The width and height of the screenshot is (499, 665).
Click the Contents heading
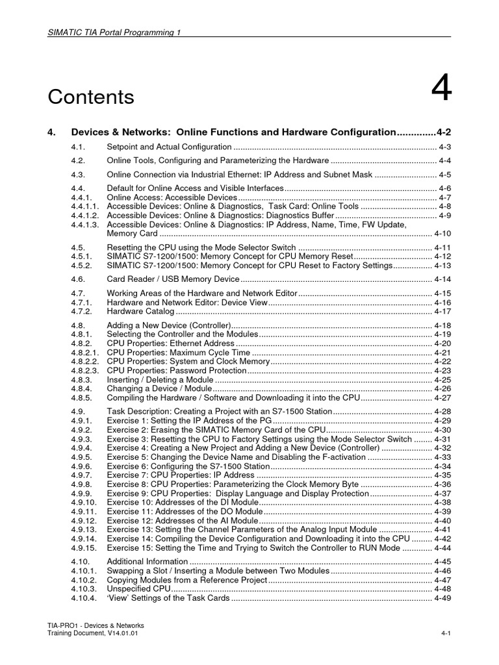pyautogui.click(x=91, y=97)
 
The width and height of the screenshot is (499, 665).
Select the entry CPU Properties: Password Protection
pyautogui.click(x=177, y=370)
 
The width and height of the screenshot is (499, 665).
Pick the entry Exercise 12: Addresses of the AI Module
pyautogui.click(x=182, y=520)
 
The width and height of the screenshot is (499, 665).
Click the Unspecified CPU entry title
pyautogui.click(x=138, y=589)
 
